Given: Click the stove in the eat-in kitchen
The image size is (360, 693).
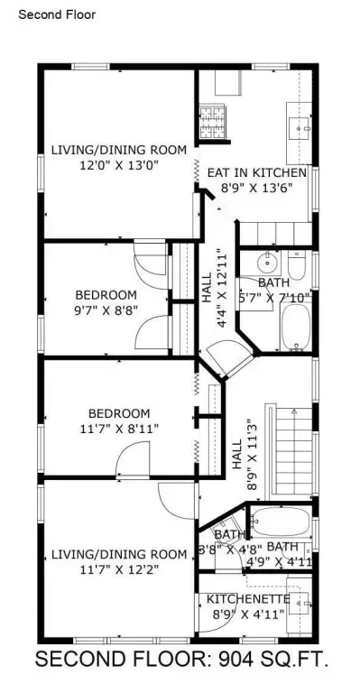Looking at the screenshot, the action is click(x=212, y=122).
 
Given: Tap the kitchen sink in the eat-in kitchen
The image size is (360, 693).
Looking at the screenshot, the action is click(x=299, y=128).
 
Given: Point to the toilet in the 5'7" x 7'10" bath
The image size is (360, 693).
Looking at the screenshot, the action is click(x=297, y=264).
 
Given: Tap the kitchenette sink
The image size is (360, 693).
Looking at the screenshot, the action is click(x=299, y=603).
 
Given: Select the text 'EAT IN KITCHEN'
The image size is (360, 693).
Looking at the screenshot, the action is click(x=256, y=172).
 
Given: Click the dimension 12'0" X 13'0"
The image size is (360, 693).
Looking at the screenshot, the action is click(x=119, y=165).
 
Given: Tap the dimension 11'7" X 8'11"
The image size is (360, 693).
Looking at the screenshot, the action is click(x=119, y=429).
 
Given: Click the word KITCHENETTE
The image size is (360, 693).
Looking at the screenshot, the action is click(x=248, y=599).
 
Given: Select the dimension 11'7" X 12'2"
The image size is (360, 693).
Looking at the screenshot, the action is click(x=119, y=568).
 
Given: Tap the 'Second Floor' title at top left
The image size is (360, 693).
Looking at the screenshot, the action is click(x=57, y=14).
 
